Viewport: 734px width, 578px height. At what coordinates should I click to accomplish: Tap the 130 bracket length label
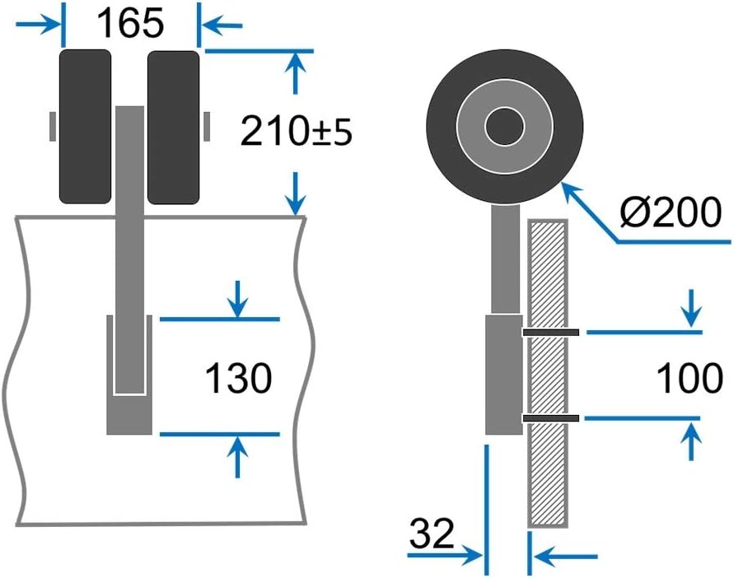pos(238,380)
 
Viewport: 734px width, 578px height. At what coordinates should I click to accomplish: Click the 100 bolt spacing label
pos(689,378)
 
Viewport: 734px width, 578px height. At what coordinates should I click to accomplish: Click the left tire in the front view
pos(85,126)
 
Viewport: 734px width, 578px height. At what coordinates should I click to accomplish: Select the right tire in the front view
pos(173,126)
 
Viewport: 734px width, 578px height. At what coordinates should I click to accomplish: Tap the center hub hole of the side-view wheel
pos(504,127)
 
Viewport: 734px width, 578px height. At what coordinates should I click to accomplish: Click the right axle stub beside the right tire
pos(206,126)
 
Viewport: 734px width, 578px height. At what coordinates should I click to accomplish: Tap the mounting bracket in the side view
pos(503,375)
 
